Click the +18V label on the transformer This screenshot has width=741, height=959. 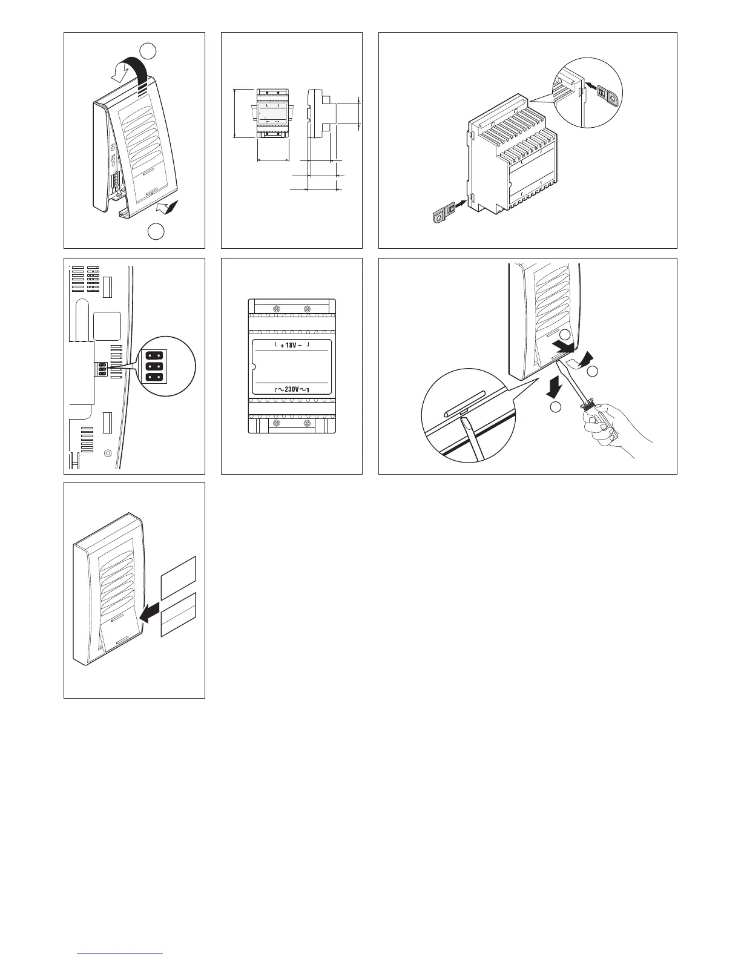(x=291, y=345)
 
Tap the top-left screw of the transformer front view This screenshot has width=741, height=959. (x=276, y=308)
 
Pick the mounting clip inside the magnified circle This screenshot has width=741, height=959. (x=605, y=94)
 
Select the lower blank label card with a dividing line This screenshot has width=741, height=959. (x=179, y=615)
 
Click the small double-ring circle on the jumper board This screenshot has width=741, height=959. (x=108, y=452)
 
